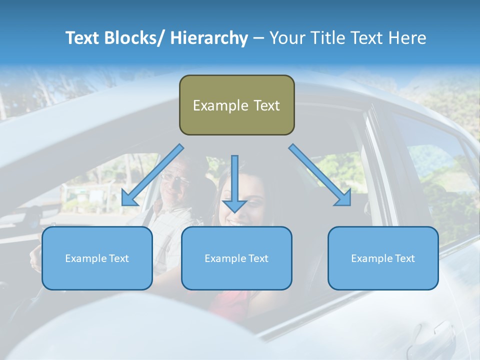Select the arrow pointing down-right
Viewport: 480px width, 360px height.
point(320,175)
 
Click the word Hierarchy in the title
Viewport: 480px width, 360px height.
point(209,38)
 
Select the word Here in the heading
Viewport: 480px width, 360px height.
point(407,38)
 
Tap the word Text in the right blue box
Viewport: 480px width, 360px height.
point(404,258)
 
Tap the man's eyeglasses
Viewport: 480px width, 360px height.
point(175,177)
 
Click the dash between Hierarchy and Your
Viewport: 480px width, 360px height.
point(258,38)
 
